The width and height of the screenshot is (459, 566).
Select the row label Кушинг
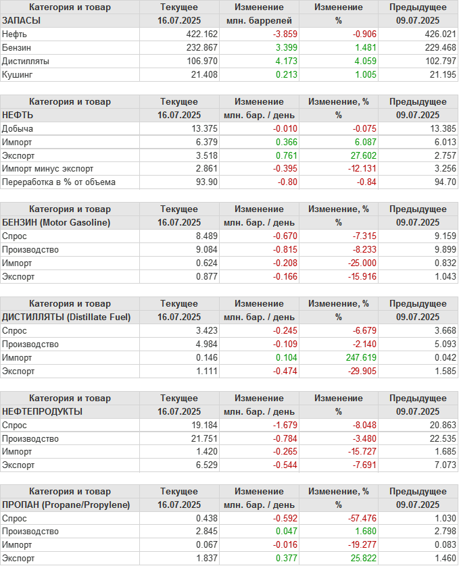pos(18,74)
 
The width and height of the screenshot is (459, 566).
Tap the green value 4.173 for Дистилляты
pos(285,61)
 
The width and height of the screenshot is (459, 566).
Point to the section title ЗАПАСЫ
pos(22,20)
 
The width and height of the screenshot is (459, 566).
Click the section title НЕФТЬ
pos(18,115)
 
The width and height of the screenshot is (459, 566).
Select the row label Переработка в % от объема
pos(59,182)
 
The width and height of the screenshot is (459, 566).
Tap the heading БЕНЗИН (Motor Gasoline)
pos(56,222)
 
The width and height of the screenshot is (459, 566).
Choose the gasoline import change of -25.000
pos(353,263)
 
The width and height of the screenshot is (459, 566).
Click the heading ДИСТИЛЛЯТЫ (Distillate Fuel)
pos(66,317)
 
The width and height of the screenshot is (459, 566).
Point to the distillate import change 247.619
pos(353,357)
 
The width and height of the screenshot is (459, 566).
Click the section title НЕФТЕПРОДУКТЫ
pos(43,411)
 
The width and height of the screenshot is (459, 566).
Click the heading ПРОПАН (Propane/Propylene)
pos(66,505)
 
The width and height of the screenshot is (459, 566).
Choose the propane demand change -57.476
pos(353,518)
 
